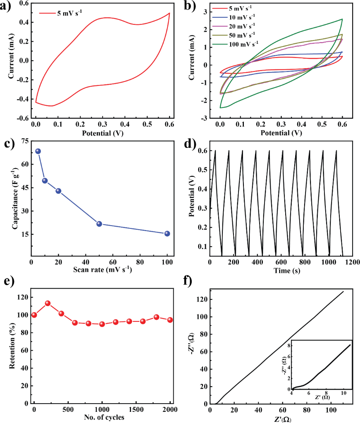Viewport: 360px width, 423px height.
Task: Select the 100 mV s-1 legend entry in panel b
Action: tap(243, 43)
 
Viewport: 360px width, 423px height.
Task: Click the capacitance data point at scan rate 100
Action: tap(167, 233)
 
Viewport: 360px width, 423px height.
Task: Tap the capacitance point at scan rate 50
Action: tap(99, 223)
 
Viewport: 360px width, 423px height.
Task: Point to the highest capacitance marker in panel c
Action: tap(38, 151)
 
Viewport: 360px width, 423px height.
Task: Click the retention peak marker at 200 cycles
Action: tap(48, 303)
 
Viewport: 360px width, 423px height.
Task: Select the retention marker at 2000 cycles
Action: tap(169, 320)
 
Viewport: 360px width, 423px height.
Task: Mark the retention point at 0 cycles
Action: tap(34, 315)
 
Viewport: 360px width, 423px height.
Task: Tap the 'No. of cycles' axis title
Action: tap(102, 417)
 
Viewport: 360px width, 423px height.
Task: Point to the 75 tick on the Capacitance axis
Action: tap(24, 141)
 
